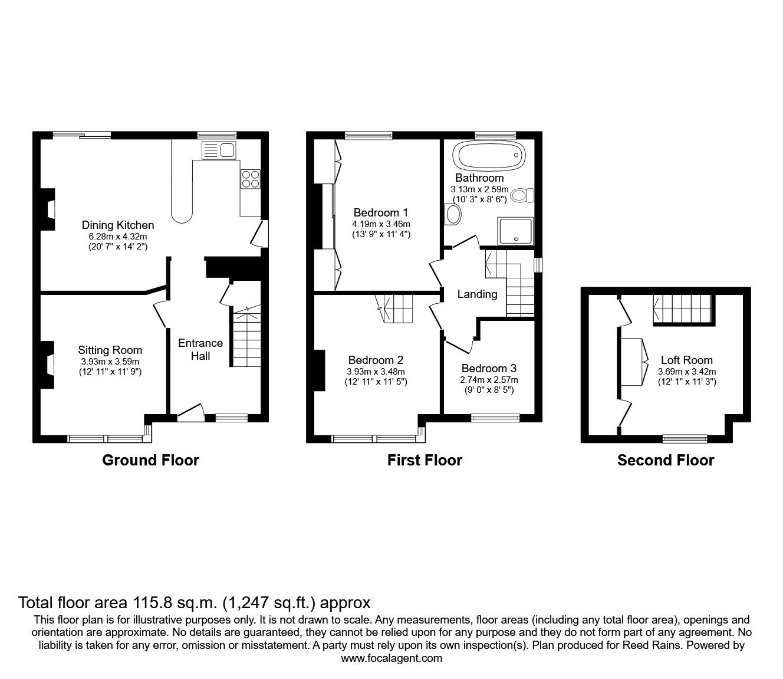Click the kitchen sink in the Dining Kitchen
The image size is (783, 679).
tap(219, 150)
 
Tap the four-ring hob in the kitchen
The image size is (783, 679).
tap(251, 179)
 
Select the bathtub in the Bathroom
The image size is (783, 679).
tap(488, 156)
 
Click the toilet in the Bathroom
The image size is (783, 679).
tap(522, 195)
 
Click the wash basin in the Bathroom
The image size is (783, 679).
tap(453, 214)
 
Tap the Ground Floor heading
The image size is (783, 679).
tap(150, 460)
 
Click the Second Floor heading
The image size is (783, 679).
tap(665, 460)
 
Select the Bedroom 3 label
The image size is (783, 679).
tap(489, 368)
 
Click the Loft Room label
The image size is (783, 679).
tap(686, 360)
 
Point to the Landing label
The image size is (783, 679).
tap(477, 294)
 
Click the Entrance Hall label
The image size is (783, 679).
tap(200, 349)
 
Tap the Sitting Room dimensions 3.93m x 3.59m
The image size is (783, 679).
tap(110, 362)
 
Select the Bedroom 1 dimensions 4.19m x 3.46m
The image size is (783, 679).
tap(381, 224)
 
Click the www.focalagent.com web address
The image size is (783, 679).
tap(391, 658)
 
